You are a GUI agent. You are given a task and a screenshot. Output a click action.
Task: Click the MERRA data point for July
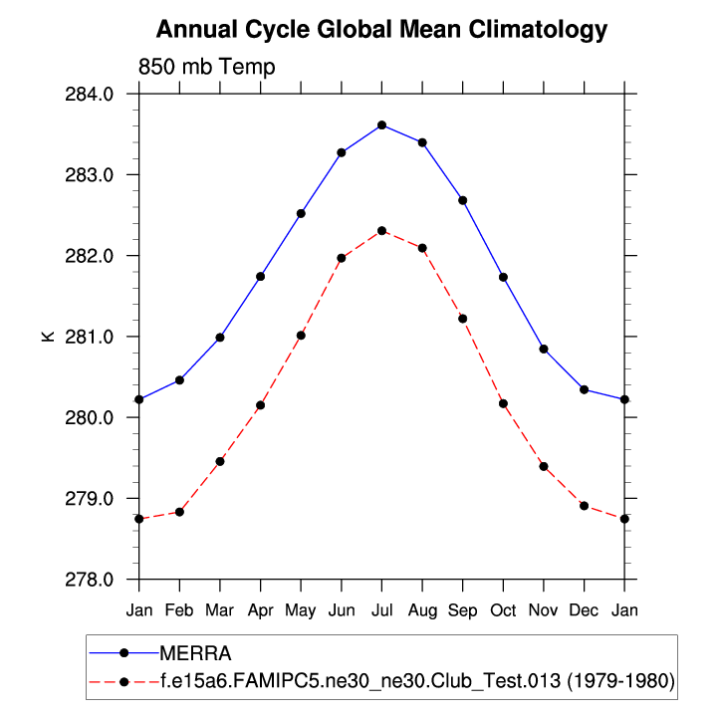click(381, 124)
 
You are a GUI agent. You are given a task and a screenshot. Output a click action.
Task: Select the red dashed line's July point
click(381, 231)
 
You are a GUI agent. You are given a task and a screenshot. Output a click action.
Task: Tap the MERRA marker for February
click(179, 380)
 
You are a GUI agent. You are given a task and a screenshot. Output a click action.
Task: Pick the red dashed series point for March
click(220, 461)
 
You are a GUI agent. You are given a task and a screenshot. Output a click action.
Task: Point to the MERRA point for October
click(503, 277)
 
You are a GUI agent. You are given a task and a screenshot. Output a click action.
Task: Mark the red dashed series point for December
click(584, 506)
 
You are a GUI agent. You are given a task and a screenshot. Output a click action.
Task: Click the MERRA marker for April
click(260, 276)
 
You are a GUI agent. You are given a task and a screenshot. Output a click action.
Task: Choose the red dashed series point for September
click(462, 319)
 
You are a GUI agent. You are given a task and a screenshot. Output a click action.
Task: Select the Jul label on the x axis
click(381, 608)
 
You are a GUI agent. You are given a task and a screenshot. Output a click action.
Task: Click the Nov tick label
click(543, 608)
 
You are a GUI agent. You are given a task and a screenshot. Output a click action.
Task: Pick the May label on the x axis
click(301, 608)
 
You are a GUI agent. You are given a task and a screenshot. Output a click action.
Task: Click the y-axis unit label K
click(47, 337)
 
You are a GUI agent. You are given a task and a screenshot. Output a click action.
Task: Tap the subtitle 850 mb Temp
click(205, 67)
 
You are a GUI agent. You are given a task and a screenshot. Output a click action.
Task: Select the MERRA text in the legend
click(195, 653)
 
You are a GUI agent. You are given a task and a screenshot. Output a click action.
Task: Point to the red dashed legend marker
click(124, 682)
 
